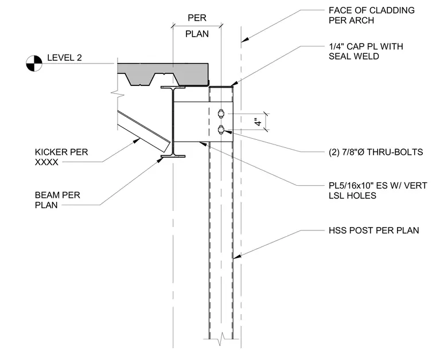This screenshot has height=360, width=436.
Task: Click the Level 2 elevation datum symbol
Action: pyautogui.click(x=34, y=63)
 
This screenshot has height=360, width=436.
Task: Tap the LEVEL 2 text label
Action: pyautogui.click(x=64, y=58)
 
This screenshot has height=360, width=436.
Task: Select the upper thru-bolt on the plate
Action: pyautogui.click(x=221, y=114)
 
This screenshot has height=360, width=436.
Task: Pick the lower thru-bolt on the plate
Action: pyautogui.click(x=221, y=130)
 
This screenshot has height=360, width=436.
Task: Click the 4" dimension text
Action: pyautogui.click(x=258, y=122)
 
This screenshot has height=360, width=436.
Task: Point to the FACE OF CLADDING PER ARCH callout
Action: pyautogui.click(x=372, y=15)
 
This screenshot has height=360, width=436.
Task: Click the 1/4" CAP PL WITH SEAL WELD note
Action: pyautogui.click(x=366, y=51)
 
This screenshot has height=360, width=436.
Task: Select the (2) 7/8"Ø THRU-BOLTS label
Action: pyautogui.click(x=376, y=152)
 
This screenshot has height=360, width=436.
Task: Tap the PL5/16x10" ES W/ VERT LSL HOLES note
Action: pyautogui.click(x=378, y=190)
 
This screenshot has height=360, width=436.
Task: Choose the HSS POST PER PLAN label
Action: pyautogui.click(x=373, y=230)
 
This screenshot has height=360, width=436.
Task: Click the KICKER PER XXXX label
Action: pyautogui.click(x=61, y=157)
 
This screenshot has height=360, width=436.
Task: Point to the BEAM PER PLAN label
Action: pyautogui.click(x=57, y=200)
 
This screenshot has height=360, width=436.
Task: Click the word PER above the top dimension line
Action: pyautogui.click(x=197, y=18)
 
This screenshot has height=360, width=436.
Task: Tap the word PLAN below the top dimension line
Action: pyautogui.click(x=197, y=34)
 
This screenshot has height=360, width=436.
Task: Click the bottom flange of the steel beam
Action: pyautogui.click(x=173, y=156)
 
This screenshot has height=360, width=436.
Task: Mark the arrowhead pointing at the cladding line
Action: pyautogui.click(x=245, y=40)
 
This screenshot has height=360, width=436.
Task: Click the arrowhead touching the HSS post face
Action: pyautogui.click(x=236, y=257)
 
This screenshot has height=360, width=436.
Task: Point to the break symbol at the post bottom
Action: pyautogui.click(x=221, y=339)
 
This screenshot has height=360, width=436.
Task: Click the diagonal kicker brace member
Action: pyautogui.click(x=144, y=131)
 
